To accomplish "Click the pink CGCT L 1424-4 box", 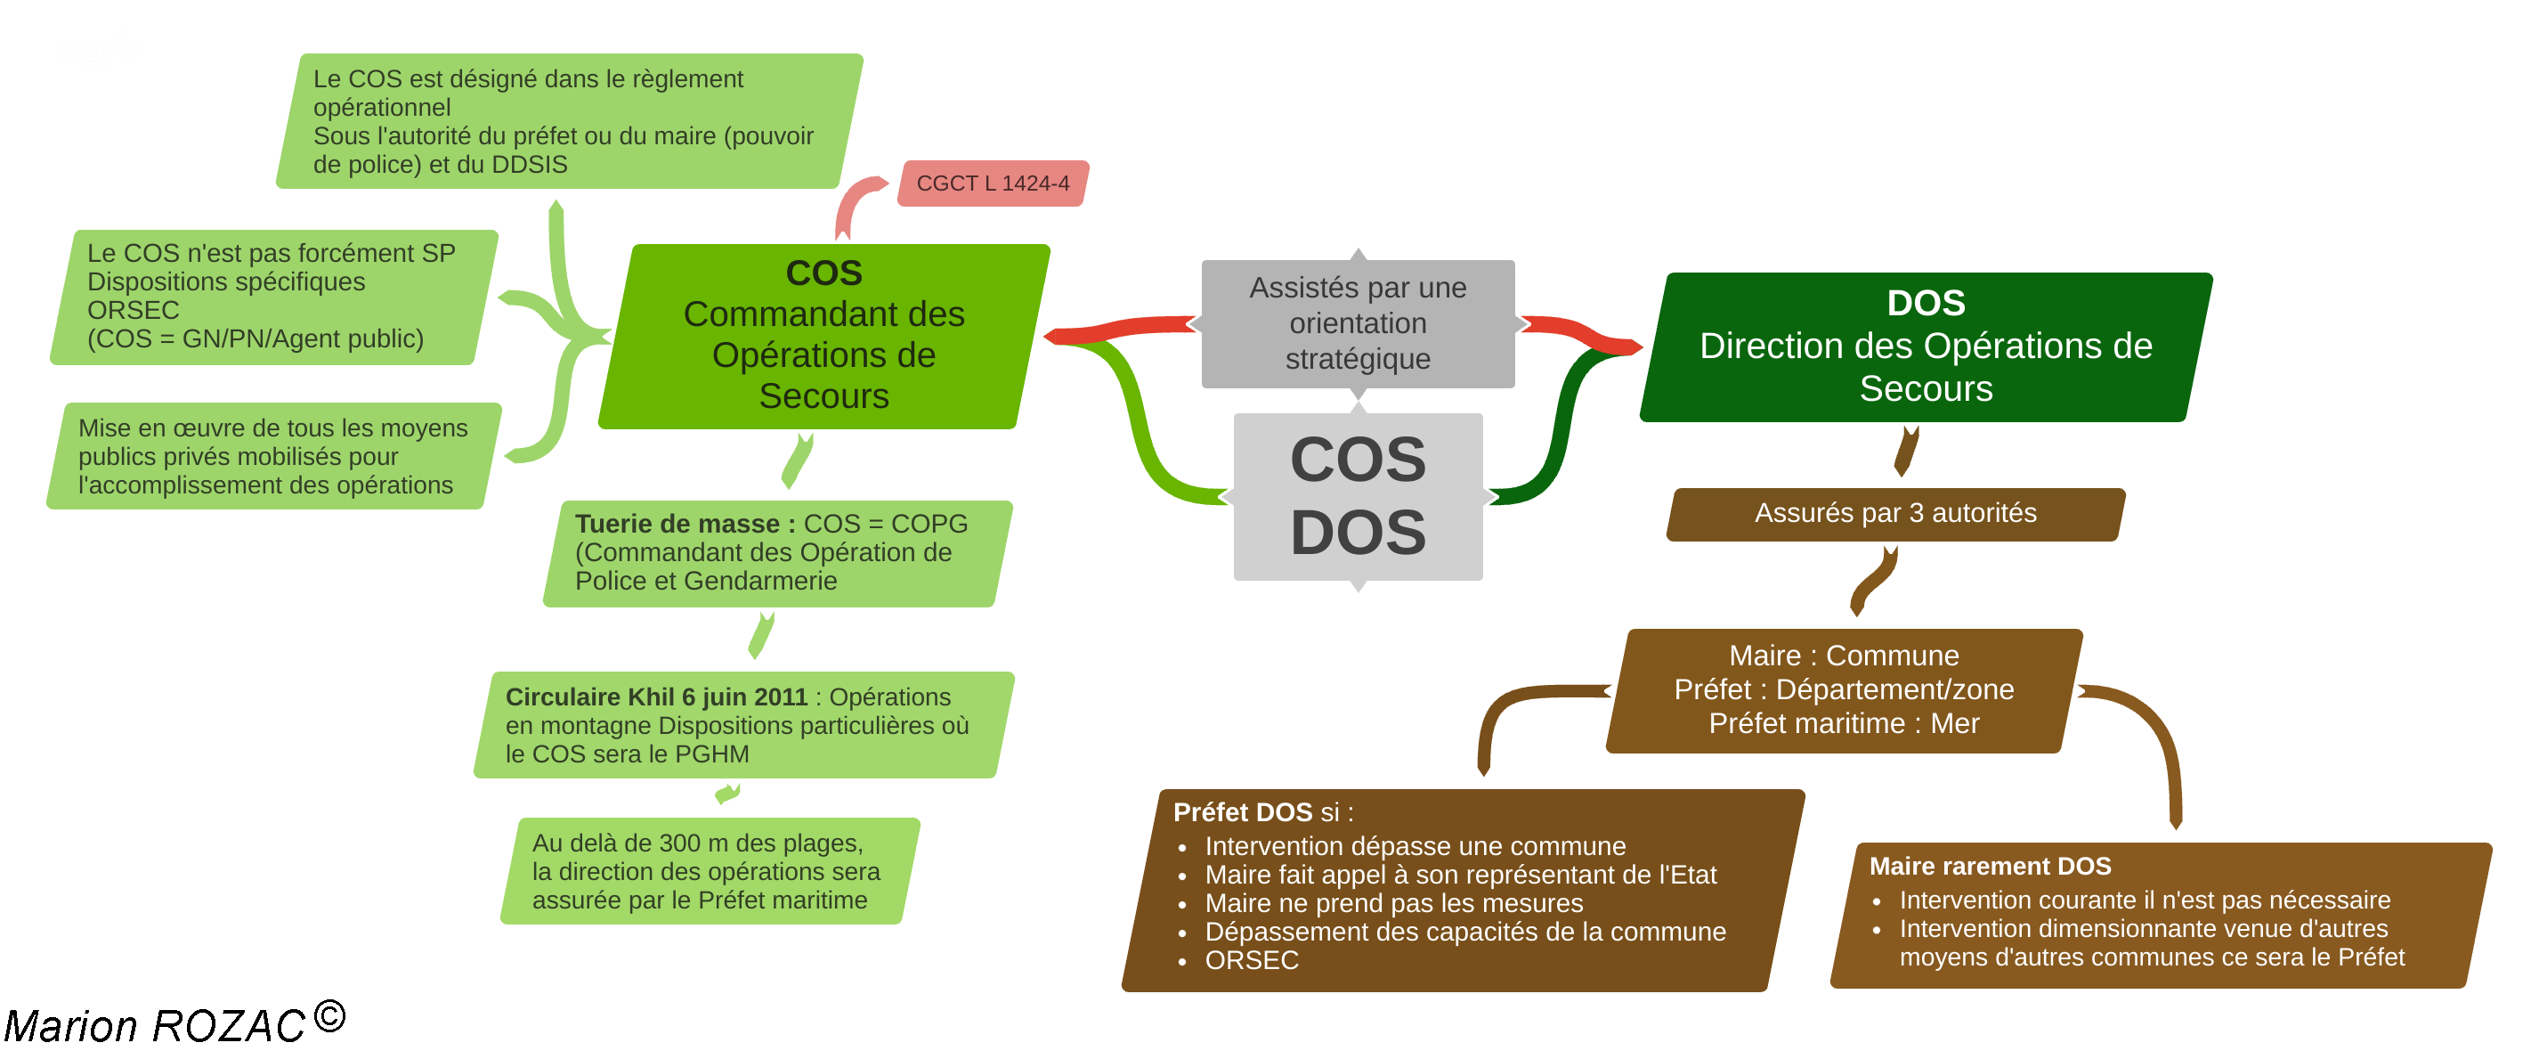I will pyautogui.click(x=992, y=183).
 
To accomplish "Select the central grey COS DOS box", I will pyautogui.click(x=1358, y=496).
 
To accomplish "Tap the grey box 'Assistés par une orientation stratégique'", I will pyautogui.click(x=1358, y=323).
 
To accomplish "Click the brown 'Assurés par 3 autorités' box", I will pyautogui.click(x=1894, y=513).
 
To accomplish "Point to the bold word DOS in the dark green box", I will pyautogui.click(x=1925, y=303).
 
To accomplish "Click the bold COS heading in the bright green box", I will pyautogui.click(x=824, y=273).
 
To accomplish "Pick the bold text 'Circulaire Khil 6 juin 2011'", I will pyautogui.click(x=656, y=697).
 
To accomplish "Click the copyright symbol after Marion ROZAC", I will pyautogui.click(x=330, y=1016).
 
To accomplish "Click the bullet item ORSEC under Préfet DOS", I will pyautogui.click(x=1251, y=960).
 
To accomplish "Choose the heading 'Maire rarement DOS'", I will pyautogui.click(x=1989, y=866).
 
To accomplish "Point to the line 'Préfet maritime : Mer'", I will pyautogui.click(x=1843, y=723).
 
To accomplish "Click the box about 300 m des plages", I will pyautogui.click(x=708, y=872).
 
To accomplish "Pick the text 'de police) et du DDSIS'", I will pyautogui.click(x=440, y=165).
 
